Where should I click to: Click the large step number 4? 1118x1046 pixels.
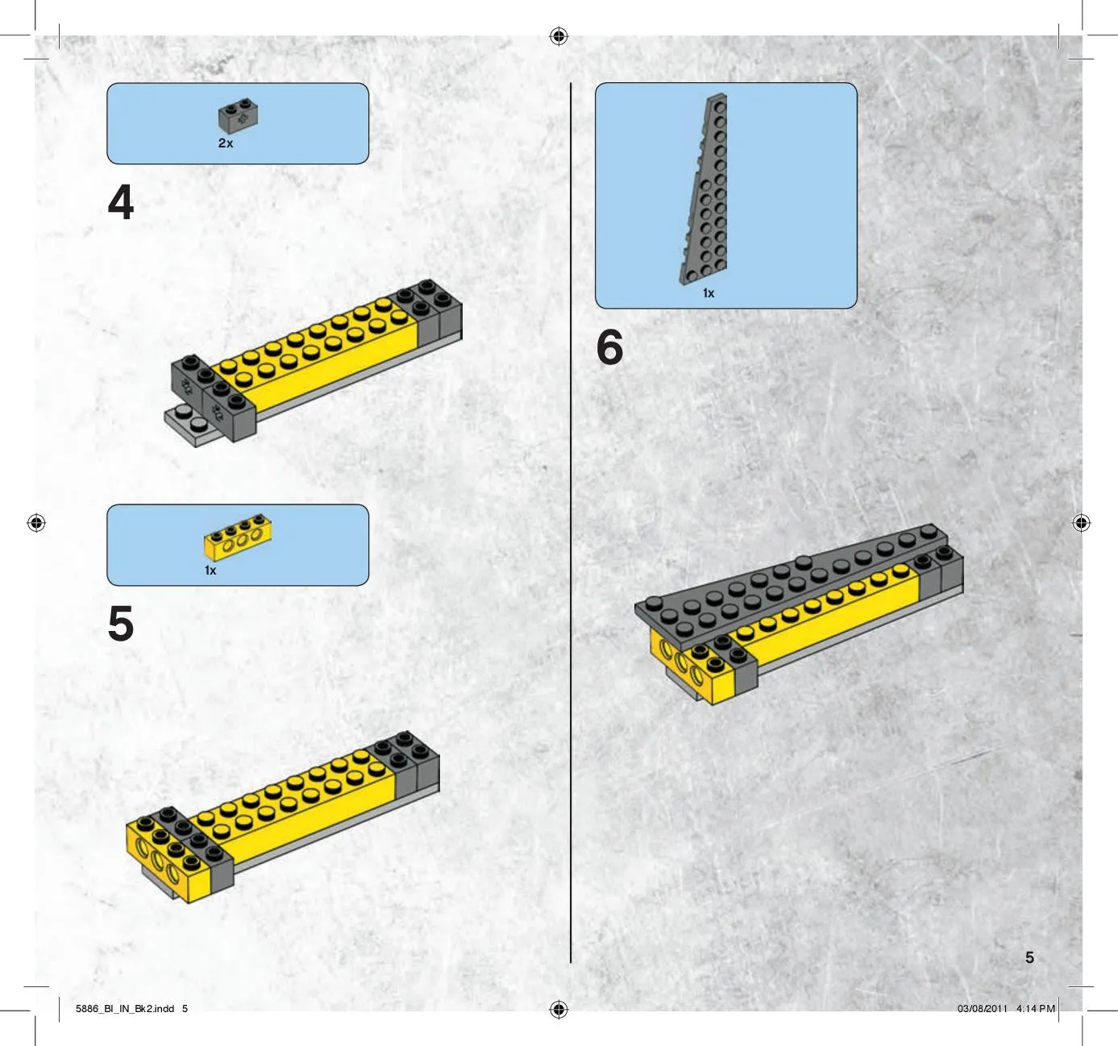point(120,201)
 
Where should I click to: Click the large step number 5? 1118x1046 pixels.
point(120,623)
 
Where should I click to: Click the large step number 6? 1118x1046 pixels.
point(609,347)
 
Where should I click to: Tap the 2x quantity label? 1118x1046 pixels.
point(226,143)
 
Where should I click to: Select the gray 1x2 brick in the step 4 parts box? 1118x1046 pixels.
point(238,116)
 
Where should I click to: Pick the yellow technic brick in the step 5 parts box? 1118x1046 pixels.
point(238,537)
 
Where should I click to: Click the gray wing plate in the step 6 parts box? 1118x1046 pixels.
point(704,189)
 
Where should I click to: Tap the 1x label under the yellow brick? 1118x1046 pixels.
point(210,571)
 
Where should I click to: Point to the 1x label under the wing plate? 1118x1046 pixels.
point(709,293)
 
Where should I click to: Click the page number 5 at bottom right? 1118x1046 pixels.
point(1029,957)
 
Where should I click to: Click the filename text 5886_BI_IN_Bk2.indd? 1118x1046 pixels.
point(125,1008)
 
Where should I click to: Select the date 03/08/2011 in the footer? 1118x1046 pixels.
point(983,1008)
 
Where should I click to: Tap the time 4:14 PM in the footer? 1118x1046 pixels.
point(1035,1008)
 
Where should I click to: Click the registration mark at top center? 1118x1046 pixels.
point(559,36)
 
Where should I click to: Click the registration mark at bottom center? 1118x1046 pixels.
point(559,1010)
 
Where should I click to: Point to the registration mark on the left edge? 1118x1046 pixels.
point(36,523)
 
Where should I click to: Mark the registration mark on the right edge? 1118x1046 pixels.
point(1081,523)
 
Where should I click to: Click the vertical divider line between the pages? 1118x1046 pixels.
point(571,523)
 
